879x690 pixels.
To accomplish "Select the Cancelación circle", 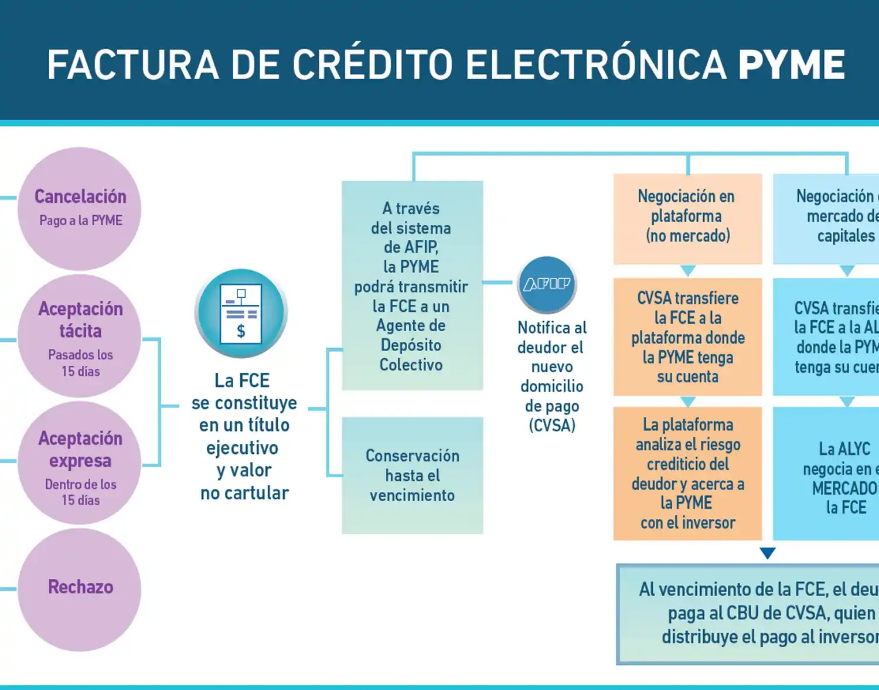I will (80, 208).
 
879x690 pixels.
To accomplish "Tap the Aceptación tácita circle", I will (80, 336).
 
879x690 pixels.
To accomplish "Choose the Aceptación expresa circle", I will (80, 463).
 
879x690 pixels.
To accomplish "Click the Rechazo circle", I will (80, 589).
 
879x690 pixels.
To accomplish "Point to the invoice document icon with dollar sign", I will (241, 313).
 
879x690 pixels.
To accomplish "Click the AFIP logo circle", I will (547, 284).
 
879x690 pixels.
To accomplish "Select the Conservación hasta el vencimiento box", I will (412, 475).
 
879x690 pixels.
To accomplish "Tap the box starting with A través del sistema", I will (412, 285).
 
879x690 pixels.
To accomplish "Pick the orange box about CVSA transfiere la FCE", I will (687, 337).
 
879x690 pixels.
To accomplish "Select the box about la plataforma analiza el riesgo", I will (687, 473).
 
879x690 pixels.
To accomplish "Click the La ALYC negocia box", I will (832, 473).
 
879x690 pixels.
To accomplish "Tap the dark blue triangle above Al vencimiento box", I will (767, 553).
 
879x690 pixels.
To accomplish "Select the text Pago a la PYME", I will (81, 221).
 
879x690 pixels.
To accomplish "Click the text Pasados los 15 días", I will (80, 363).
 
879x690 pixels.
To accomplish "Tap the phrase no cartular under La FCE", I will (244, 493).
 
